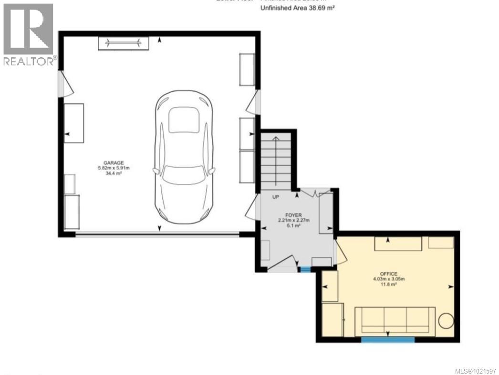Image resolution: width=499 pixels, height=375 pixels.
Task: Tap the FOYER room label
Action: (294, 215)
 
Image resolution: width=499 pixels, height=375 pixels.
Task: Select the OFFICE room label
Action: (389, 274)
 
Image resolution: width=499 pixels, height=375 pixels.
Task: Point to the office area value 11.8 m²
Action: (389, 284)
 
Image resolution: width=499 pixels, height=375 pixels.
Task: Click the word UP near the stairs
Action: (276, 197)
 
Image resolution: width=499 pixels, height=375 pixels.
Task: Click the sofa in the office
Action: (395, 320)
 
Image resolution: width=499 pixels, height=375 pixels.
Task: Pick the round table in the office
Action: (447, 321)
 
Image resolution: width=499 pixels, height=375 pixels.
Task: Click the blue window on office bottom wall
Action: (387, 340)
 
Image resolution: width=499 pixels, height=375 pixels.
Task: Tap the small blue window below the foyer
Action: (304, 269)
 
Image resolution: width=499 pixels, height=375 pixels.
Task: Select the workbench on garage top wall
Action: (124, 43)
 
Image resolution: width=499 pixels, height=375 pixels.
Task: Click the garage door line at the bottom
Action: (157, 234)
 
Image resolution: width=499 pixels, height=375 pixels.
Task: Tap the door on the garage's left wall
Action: (64, 84)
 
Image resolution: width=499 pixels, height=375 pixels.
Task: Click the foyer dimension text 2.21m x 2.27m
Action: (294, 220)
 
